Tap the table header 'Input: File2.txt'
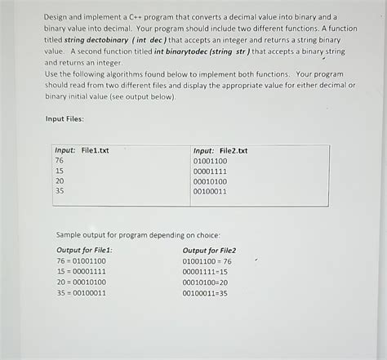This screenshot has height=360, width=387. click(220, 150)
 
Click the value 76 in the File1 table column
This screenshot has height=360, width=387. click(60, 161)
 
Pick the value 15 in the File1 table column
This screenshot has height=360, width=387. click(60, 171)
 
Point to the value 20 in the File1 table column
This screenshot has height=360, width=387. click(60, 181)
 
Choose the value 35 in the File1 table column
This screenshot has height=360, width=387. click(60, 191)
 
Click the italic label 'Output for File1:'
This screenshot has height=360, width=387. click(84, 250)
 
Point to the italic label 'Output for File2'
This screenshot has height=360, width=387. click(209, 250)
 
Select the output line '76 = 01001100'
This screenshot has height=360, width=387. click(81, 261)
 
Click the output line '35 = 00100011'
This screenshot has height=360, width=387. click(81, 293)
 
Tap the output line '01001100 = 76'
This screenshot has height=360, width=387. click(207, 261)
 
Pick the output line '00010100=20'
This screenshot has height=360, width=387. click(205, 282)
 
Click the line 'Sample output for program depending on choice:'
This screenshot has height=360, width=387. click(138, 233)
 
